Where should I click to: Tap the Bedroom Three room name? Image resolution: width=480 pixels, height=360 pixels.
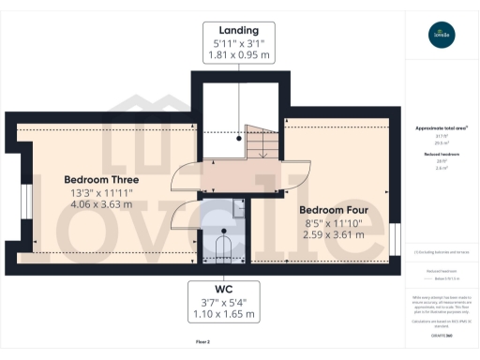pos(101,179)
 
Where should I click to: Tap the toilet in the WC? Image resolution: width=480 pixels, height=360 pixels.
pos(224,248)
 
